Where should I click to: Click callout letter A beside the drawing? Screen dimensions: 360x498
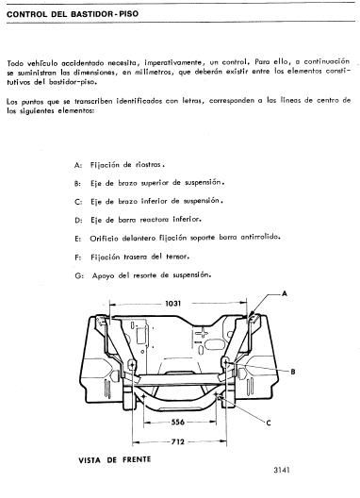pos(281,294)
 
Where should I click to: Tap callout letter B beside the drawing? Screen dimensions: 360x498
pos(295,372)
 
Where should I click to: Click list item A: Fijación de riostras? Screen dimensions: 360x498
pos(119,165)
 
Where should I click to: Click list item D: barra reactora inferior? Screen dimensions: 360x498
pos(134,220)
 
